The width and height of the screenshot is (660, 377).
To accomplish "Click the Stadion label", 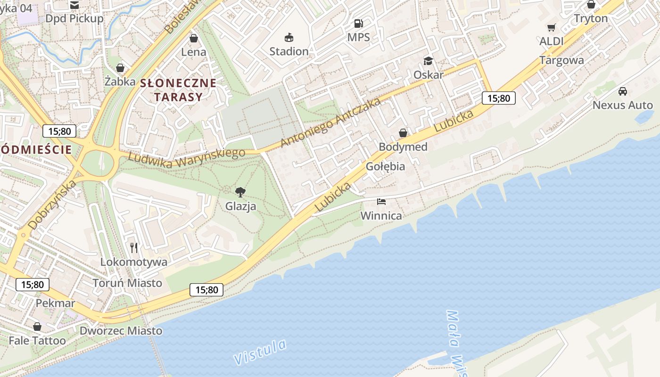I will [289, 51].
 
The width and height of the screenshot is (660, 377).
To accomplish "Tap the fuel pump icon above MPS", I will [358, 23].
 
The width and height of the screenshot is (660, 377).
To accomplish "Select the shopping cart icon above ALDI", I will [551, 27].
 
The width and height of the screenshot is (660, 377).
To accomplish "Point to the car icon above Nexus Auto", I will [623, 91].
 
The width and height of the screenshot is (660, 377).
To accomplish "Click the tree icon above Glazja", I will [240, 192].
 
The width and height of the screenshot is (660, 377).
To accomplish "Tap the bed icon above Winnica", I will [381, 202].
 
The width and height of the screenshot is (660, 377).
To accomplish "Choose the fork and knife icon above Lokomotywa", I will [134, 248].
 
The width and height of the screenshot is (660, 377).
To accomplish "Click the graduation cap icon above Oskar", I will [428, 61].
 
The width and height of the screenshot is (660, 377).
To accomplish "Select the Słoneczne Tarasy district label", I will [178, 90].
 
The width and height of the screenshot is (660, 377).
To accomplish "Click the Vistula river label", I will [260, 352].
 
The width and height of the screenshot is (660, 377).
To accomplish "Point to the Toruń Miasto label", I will [127, 283].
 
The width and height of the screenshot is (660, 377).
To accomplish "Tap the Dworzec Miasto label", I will [121, 331].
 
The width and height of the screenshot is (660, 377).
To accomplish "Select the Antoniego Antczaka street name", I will [330, 123].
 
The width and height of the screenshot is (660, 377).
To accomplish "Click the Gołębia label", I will [385, 166].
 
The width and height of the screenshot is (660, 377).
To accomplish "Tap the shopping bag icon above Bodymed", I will [403, 133].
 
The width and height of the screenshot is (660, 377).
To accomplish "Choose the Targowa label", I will [561, 60].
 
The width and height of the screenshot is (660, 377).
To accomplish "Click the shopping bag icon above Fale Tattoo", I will [37, 327].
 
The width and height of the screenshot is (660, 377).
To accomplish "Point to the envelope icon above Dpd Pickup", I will [74, 5].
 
